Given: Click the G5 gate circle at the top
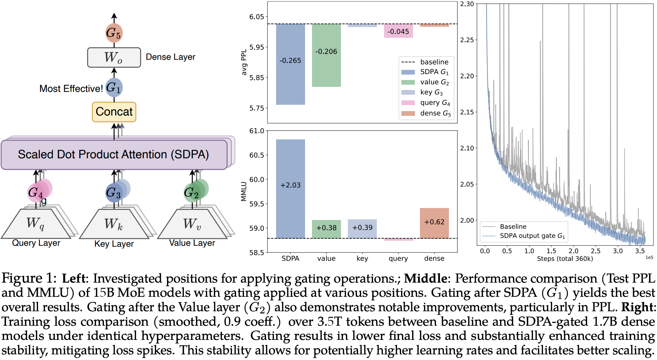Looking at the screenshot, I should click(x=114, y=33).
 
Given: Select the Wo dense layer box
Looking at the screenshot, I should click(x=114, y=57).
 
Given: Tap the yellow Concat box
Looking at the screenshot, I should click(x=114, y=112).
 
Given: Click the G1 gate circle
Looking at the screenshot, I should click(x=114, y=87).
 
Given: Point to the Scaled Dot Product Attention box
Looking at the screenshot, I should click(x=114, y=155).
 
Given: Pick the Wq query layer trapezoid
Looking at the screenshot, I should click(x=36, y=223).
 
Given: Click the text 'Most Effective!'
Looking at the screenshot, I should click(x=71, y=89).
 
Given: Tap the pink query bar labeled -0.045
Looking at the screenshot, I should click(x=398, y=31).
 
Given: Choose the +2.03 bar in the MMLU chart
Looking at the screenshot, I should click(x=290, y=188).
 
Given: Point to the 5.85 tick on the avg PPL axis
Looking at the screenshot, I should click(x=257, y=78).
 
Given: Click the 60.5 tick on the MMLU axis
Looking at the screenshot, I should click(x=257, y=155).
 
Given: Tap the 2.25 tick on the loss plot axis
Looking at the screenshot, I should click(x=467, y=40).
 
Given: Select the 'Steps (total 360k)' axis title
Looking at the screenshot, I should click(x=565, y=259).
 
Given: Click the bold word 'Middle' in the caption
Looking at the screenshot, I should click(x=425, y=278).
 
